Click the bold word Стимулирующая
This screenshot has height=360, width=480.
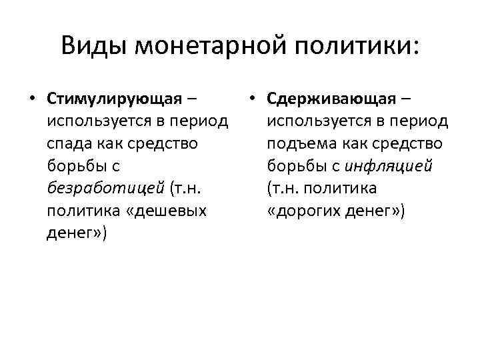pos(115,99)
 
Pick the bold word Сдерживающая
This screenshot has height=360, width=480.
pos(331,99)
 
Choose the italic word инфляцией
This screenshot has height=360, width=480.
pos(389,167)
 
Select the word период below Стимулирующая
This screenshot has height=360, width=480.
pos(196,122)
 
